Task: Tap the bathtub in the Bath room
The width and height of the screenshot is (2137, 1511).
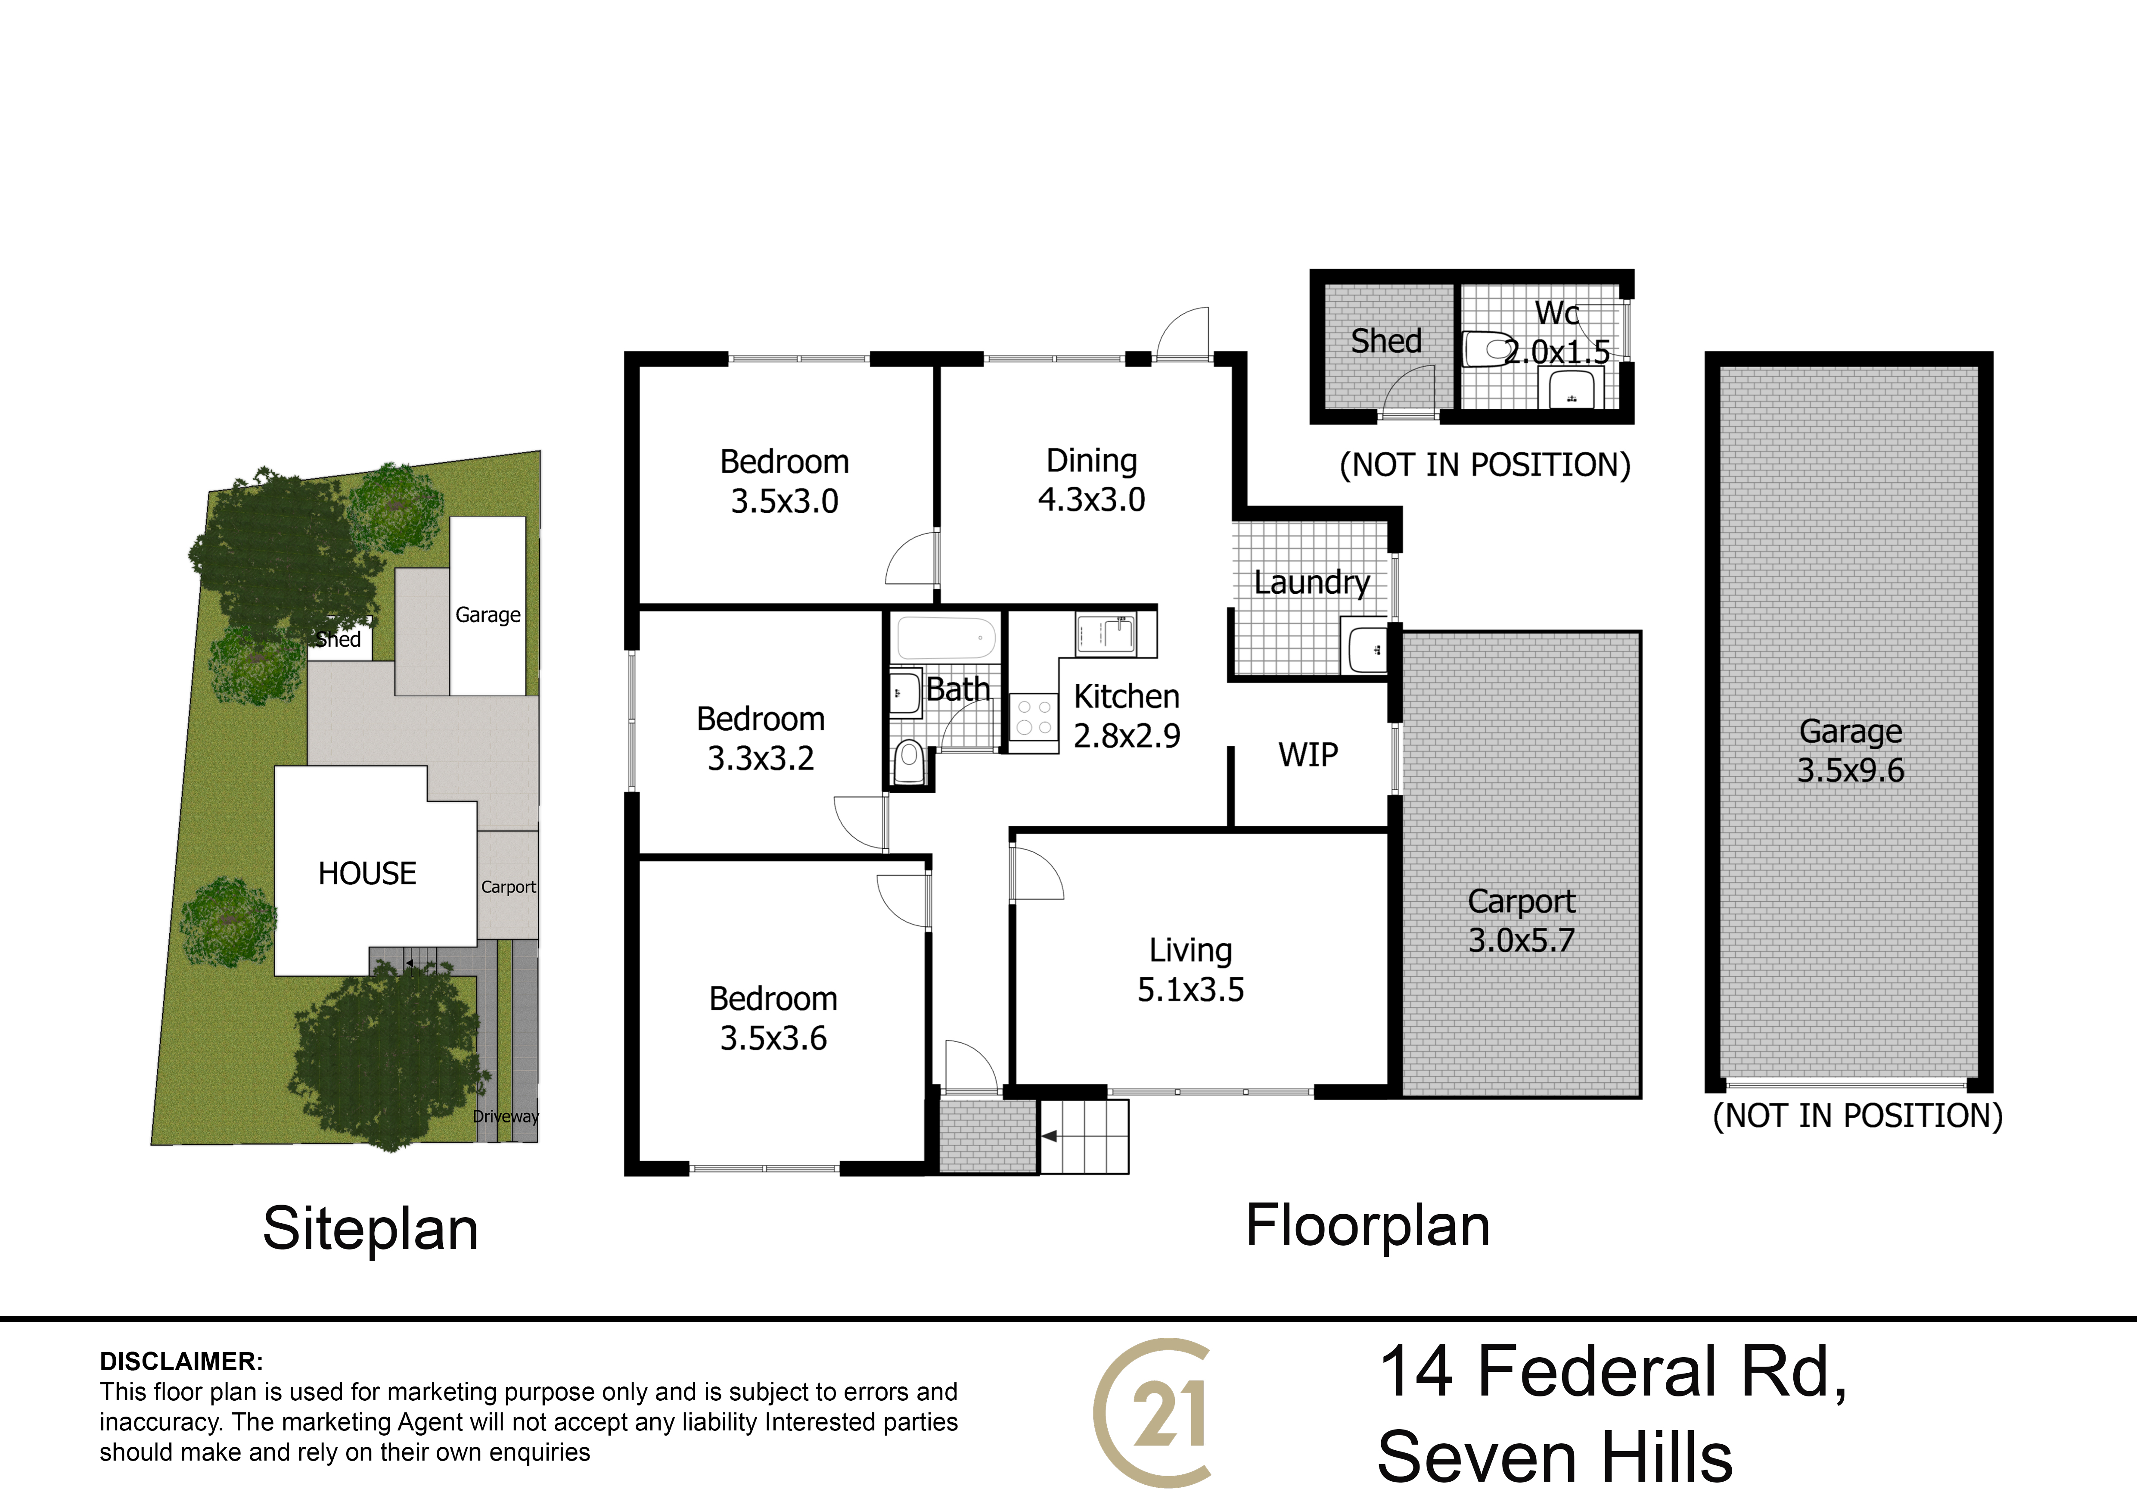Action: point(946,639)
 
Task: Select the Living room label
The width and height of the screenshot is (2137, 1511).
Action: point(1190,950)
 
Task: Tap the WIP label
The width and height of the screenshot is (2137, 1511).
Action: point(1309,754)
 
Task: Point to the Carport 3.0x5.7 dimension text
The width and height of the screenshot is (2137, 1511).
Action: point(1522,940)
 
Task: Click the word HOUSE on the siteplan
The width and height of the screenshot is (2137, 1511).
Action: point(368,873)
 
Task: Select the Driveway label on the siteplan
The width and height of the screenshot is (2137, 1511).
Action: point(506,1116)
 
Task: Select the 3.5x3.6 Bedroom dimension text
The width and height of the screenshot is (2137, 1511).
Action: point(773,1038)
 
